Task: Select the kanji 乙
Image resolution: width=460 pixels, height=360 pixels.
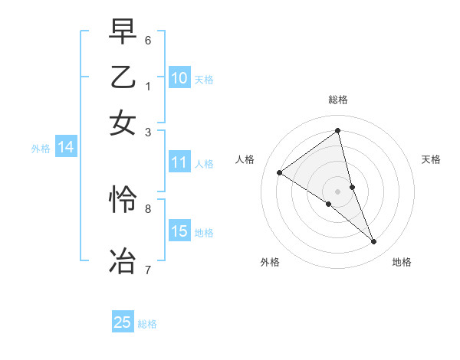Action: pos(123,77)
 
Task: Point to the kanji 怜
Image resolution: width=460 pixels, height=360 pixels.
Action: pos(123,200)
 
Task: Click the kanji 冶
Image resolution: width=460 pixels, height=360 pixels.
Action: pos(123,259)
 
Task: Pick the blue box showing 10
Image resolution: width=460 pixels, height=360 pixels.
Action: pos(179,77)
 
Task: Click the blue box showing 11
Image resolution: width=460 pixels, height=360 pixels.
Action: pos(179,162)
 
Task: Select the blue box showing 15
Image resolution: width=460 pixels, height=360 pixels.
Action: pos(179,231)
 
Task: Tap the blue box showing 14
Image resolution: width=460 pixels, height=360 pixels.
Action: pos(65,147)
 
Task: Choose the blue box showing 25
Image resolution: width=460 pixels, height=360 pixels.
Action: pos(123,322)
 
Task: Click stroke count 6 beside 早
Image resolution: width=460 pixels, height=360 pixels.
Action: pos(148,40)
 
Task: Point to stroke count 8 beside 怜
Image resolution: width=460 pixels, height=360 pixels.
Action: pos(148,208)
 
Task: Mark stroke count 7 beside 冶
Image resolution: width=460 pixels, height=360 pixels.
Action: pos(148,269)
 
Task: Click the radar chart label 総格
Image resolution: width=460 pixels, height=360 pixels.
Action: pos(338,100)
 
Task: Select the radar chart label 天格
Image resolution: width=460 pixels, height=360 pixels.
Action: pos(431,159)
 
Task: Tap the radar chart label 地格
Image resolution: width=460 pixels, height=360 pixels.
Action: pos(402,262)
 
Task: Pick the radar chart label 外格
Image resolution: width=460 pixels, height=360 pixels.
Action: pos(270,262)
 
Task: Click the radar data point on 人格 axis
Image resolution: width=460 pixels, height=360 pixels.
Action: pos(280,172)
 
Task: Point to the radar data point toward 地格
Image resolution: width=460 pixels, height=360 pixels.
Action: pos(374,241)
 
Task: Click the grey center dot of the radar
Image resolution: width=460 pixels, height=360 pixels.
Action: pos(338,191)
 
